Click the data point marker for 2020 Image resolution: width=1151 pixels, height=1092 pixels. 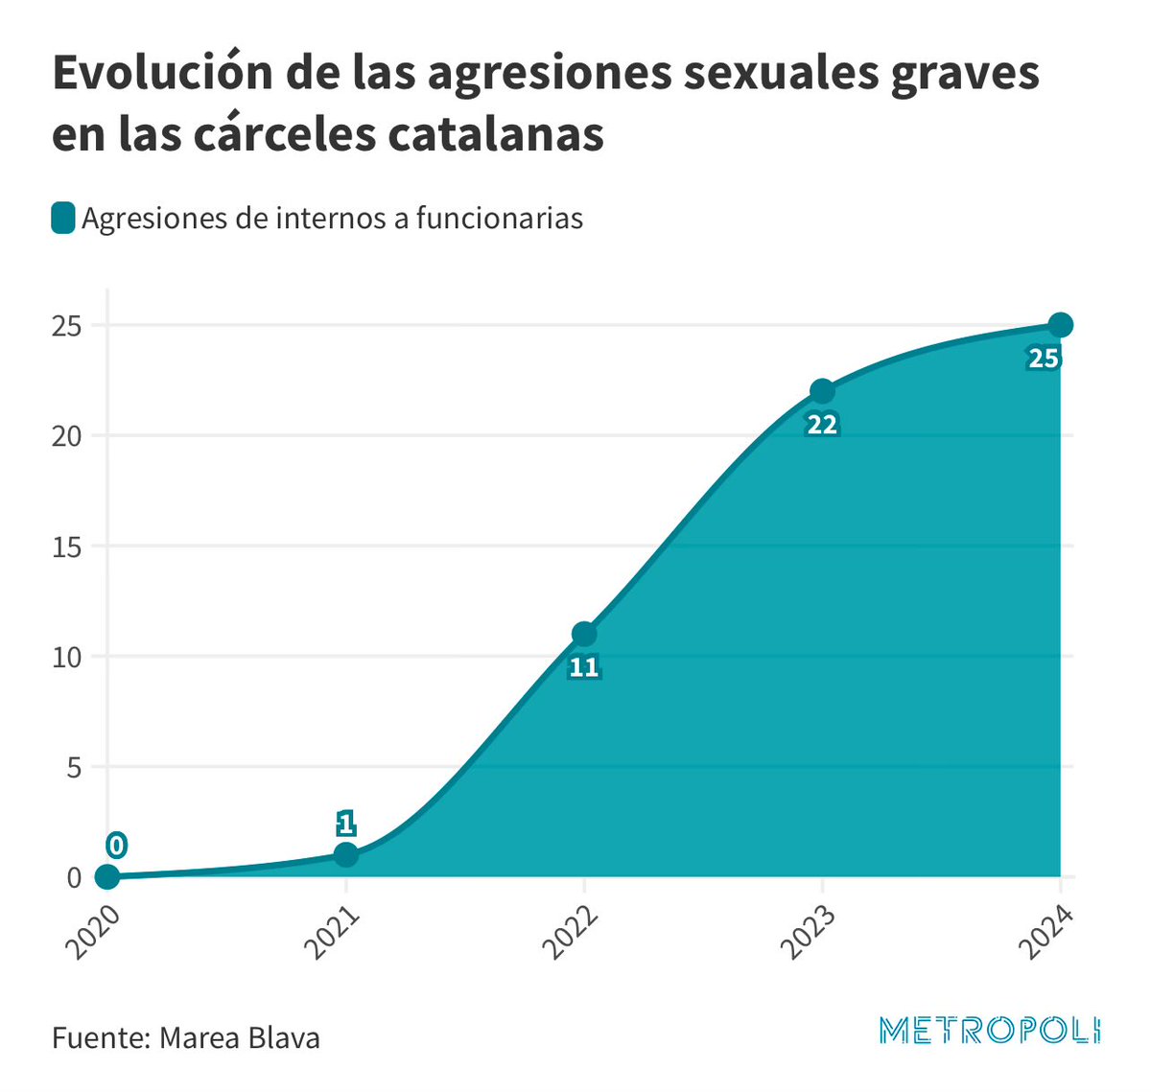click(x=107, y=876)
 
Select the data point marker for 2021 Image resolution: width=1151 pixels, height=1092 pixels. click(x=346, y=854)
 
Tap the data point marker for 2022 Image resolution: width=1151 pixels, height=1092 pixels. click(x=584, y=634)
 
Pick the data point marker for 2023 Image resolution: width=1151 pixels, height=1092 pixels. click(x=822, y=391)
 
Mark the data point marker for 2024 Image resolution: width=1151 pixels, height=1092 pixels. click(x=1060, y=325)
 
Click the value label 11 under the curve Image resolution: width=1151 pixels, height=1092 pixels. click(x=584, y=667)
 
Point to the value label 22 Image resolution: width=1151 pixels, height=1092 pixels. click(x=822, y=425)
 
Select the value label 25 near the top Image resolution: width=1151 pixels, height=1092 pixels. click(x=1044, y=360)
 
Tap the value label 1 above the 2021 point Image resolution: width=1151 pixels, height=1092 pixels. click(x=346, y=823)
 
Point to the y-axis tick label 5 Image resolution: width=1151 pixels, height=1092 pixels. click(x=74, y=767)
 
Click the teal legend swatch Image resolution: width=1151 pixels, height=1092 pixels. click(x=63, y=219)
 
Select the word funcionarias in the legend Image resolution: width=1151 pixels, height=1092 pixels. click(x=499, y=219)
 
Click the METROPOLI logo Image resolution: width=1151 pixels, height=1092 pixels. click(x=990, y=1031)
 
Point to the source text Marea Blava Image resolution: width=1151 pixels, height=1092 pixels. click(x=239, y=1037)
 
